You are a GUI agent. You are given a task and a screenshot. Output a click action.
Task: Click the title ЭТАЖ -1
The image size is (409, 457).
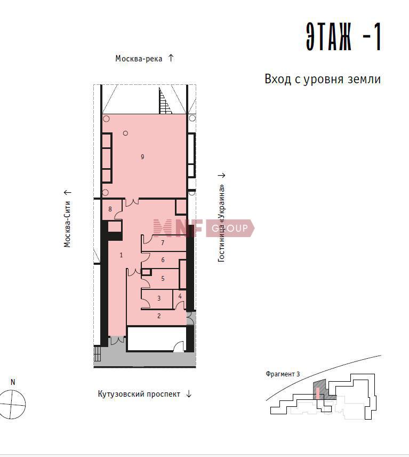[343, 36]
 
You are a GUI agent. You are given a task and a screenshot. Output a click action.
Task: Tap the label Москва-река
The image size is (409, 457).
[139, 59]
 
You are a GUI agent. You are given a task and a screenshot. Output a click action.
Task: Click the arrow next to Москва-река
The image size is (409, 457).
[171, 58]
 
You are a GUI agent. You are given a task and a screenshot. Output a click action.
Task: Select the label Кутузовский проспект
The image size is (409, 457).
[139, 394]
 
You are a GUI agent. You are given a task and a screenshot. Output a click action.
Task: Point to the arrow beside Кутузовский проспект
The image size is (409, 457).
[189, 394]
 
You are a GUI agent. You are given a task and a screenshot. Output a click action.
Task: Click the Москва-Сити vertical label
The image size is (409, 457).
[67, 224]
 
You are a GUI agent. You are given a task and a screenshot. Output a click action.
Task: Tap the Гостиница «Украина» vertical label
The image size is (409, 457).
[221, 223]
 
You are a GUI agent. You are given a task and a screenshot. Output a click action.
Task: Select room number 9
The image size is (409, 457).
[142, 157]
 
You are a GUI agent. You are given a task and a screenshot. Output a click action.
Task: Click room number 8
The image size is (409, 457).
[110, 209]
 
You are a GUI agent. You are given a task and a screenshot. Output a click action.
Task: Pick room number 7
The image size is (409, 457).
[163, 242]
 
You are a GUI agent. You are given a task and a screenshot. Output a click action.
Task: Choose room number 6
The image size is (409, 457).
[163, 259]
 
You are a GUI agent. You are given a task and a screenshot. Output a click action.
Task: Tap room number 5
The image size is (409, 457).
[163, 278]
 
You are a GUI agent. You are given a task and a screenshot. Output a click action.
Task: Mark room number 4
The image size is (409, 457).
[180, 296]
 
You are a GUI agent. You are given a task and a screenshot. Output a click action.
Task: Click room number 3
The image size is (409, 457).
[159, 298]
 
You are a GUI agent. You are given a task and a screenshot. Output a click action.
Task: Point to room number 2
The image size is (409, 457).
[159, 316]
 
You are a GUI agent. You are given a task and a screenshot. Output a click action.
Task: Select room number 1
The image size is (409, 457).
[121, 255]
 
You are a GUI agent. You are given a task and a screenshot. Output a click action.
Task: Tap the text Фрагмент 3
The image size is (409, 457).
[283, 374]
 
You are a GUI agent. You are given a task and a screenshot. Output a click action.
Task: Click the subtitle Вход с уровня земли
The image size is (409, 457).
[323, 79]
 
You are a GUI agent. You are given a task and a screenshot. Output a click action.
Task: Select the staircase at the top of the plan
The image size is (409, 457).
[164, 100]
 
